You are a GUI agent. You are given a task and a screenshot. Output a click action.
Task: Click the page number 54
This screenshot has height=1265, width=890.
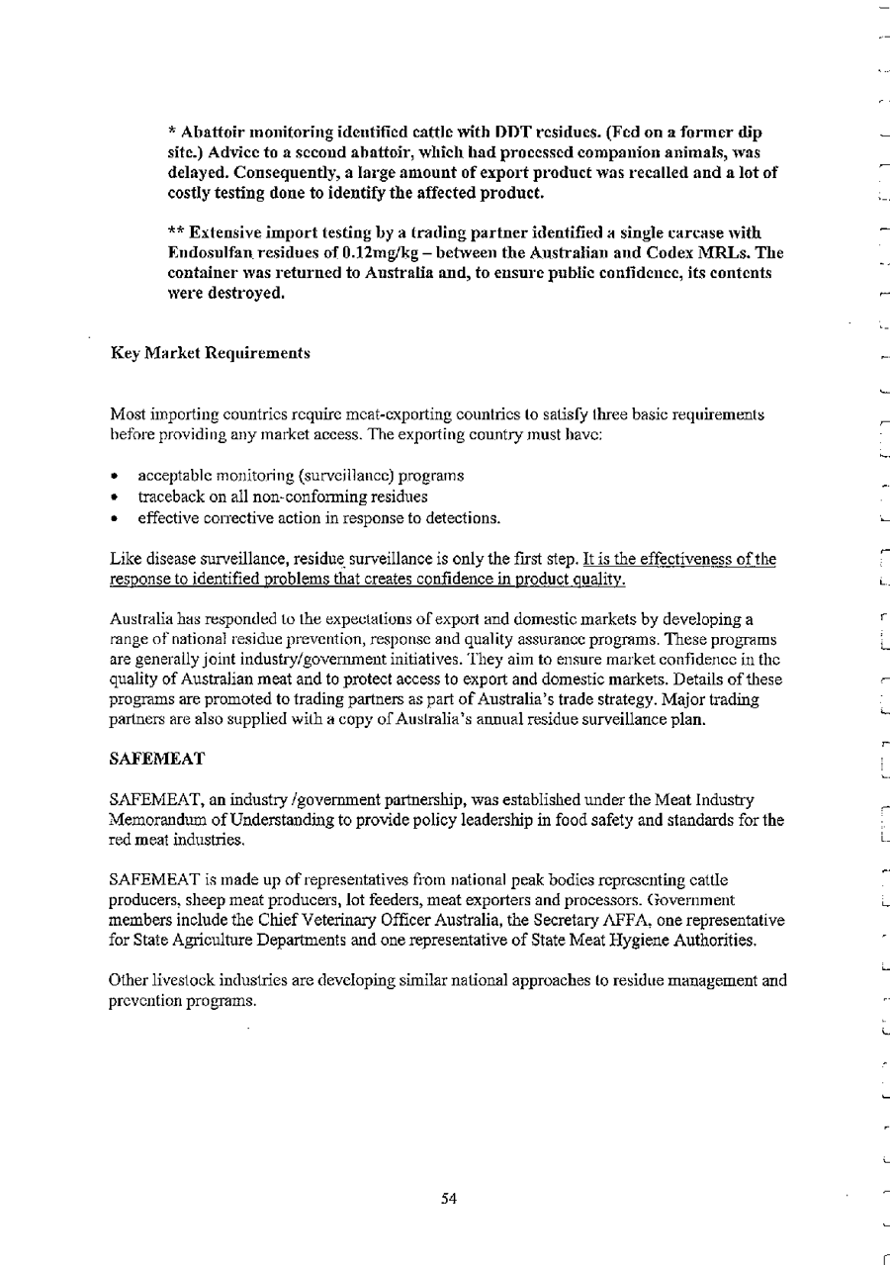[449, 1199]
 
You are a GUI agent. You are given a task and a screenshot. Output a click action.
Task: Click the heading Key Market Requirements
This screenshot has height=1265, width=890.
[211, 353]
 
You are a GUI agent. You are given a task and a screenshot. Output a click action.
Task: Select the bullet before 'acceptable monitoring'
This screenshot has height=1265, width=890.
[117, 477]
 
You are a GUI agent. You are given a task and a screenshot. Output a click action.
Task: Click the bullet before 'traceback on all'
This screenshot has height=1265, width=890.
[117, 497]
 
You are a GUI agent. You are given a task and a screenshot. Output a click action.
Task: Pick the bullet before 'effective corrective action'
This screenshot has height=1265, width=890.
[117, 517]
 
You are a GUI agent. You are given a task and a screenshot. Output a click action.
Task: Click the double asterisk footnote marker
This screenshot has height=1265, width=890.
[176, 232]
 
